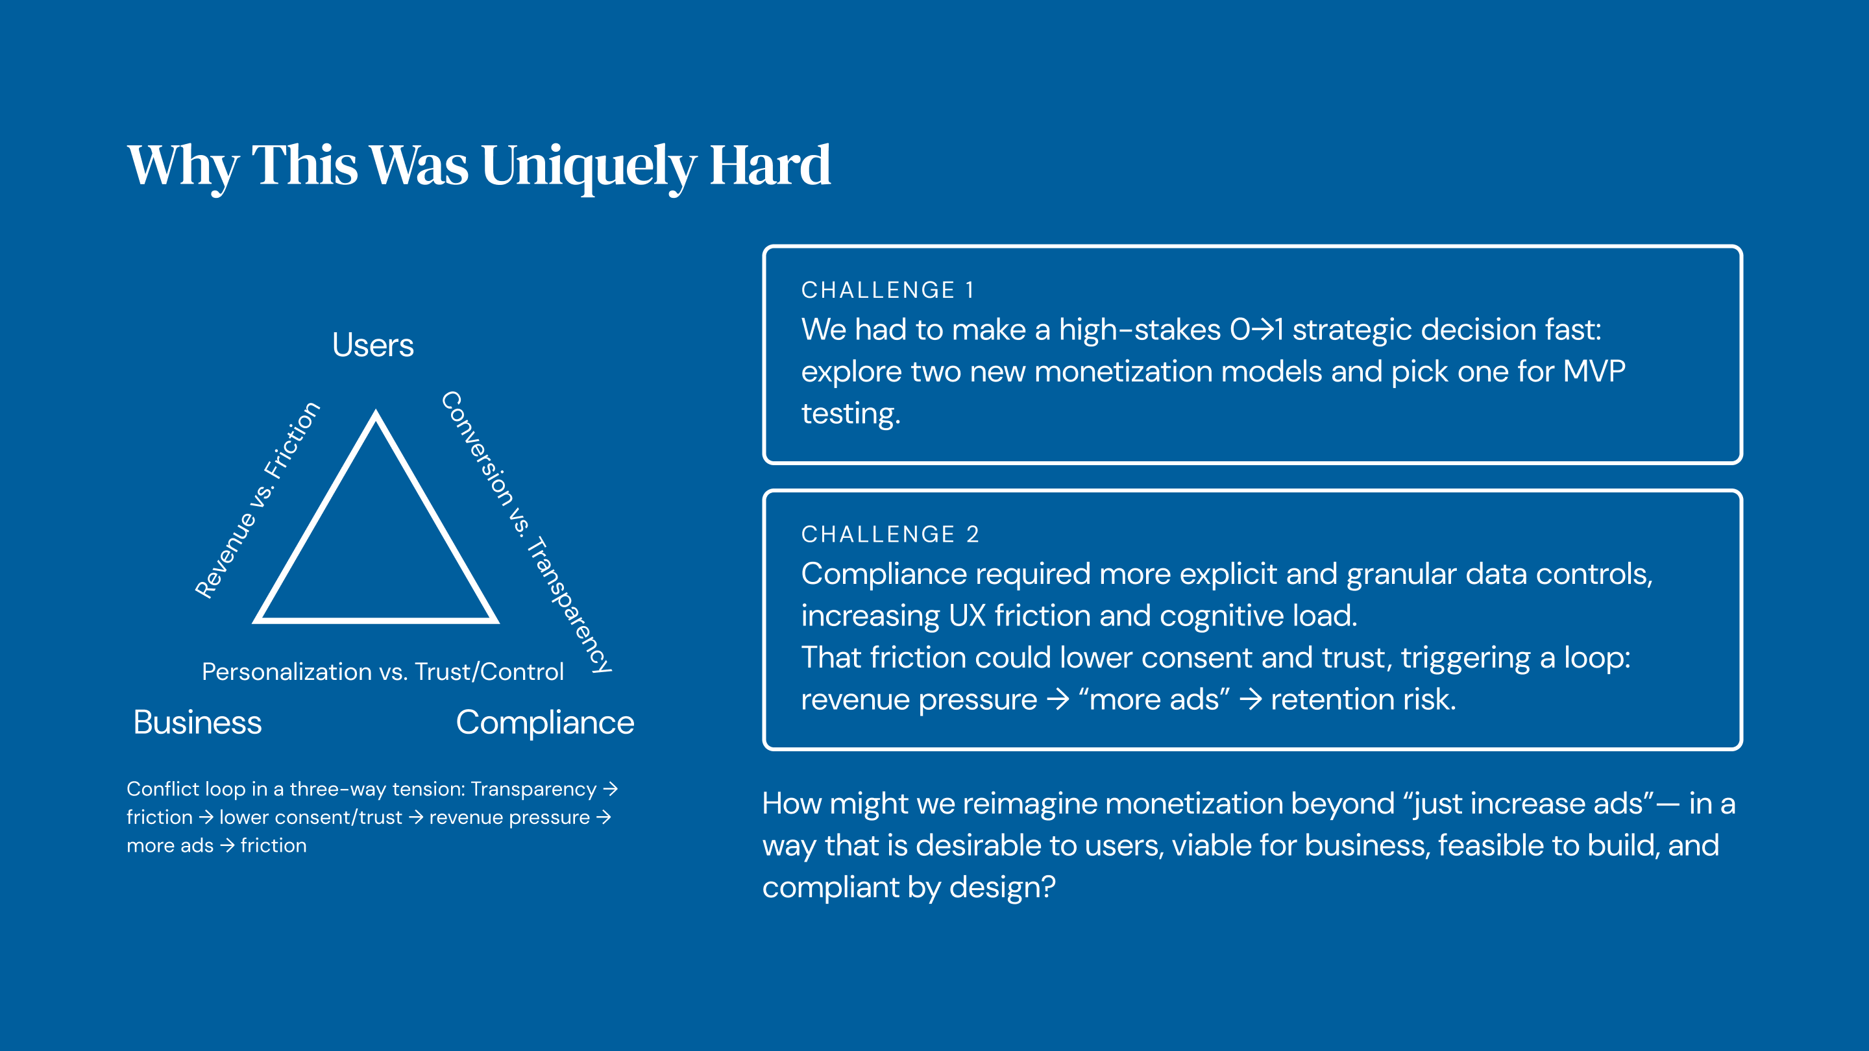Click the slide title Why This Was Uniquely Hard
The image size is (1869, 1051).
tap(479, 166)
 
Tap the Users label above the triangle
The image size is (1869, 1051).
tap(373, 345)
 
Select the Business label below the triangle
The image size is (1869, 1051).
tap(197, 723)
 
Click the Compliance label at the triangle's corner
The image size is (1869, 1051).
tap(545, 723)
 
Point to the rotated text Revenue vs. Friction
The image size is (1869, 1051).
tap(258, 500)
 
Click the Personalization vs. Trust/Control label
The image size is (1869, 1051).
tap(382, 671)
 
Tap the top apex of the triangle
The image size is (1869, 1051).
tap(376, 411)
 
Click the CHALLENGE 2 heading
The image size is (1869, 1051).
tap(890, 535)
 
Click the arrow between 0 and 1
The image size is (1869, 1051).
tap(1262, 330)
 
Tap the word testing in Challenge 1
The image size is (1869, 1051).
tap(850, 413)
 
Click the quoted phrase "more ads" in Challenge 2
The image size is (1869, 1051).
tap(1154, 700)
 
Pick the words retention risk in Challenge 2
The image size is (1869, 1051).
tap(1363, 700)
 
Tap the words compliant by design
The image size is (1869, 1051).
tap(909, 888)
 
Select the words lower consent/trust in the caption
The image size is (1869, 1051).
tap(311, 817)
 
